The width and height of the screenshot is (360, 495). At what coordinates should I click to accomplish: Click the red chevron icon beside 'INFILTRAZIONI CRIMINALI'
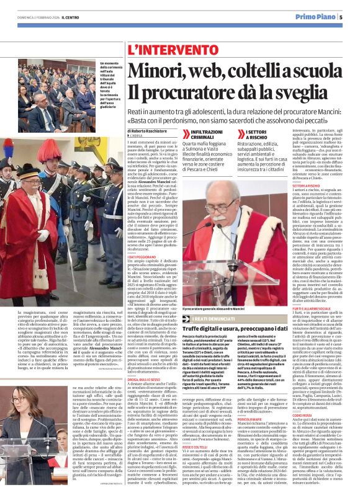point(186,135)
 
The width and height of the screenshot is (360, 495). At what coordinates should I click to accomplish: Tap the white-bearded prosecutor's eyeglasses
point(249,224)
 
